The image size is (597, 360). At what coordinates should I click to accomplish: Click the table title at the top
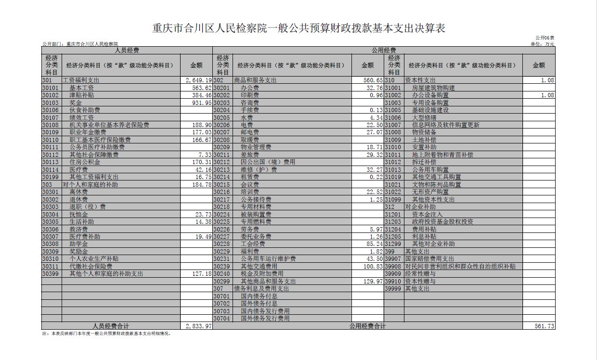click(298, 28)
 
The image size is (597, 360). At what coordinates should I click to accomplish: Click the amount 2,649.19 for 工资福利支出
click(198, 80)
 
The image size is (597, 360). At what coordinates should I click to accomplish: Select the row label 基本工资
click(81, 88)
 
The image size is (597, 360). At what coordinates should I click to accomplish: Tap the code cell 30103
click(51, 103)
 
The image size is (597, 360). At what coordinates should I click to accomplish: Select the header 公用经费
click(384, 50)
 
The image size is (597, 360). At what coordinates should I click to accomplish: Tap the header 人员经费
click(127, 50)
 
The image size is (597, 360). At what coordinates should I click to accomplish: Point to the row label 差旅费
click(250, 155)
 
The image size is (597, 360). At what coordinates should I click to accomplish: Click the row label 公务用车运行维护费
click(268, 259)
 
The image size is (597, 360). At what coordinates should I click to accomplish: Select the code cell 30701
click(222, 296)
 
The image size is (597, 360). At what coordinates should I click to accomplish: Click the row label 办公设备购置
click(430, 95)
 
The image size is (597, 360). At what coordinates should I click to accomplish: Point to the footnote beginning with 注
click(106, 333)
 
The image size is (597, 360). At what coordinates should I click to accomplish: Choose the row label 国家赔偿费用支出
click(429, 259)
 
